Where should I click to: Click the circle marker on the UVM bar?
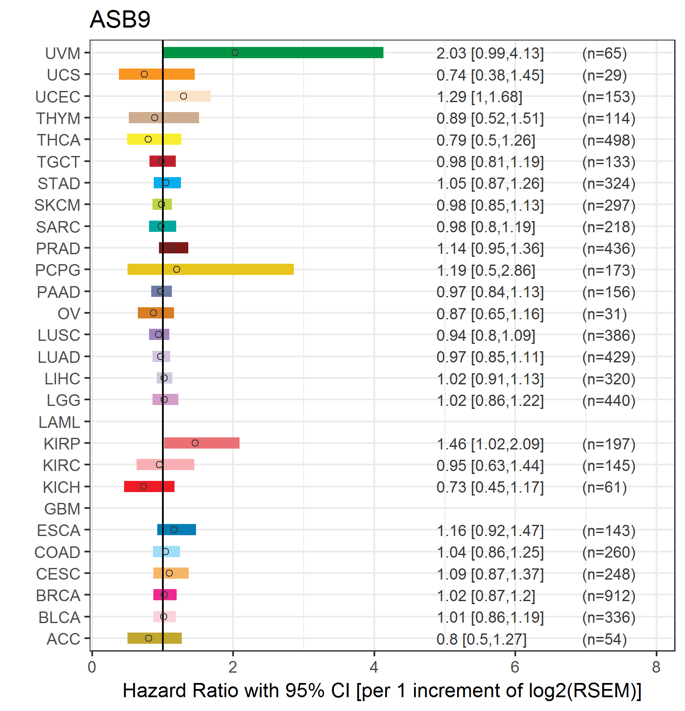click(x=235, y=53)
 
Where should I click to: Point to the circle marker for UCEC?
click(x=184, y=96)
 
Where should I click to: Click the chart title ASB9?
click(x=120, y=19)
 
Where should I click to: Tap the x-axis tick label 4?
click(x=374, y=667)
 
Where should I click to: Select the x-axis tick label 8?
click(x=656, y=667)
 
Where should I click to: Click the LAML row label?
click(x=59, y=422)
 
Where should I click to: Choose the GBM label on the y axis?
click(x=62, y=509)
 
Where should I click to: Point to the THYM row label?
click(x=58, y=118)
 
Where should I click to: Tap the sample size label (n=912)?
click(x=609, y=596)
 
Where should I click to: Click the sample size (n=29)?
click(x=604, y=75)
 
